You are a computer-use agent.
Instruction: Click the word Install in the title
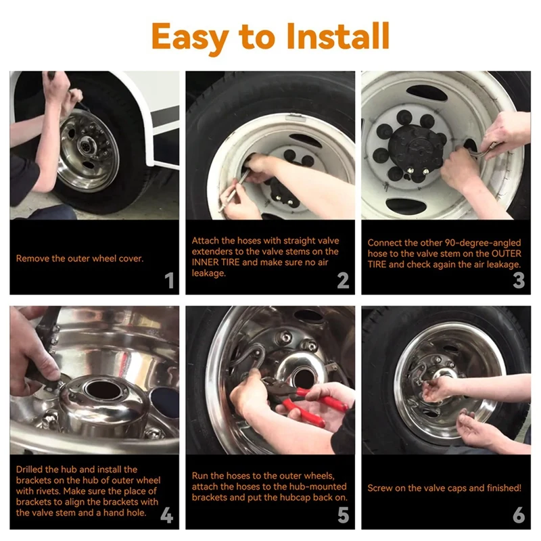337,36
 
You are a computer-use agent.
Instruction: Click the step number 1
170,280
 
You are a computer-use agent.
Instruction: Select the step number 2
343,280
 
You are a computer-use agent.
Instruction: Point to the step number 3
519,280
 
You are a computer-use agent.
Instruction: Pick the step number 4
166,515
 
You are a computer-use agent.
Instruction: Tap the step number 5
344,515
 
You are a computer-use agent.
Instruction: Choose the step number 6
519,515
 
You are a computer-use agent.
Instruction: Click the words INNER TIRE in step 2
216,262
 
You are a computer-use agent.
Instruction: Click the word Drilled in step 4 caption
29,469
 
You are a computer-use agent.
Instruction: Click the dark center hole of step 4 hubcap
103,390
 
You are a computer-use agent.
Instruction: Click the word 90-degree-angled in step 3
483,243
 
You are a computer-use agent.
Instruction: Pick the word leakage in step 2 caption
209,273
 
